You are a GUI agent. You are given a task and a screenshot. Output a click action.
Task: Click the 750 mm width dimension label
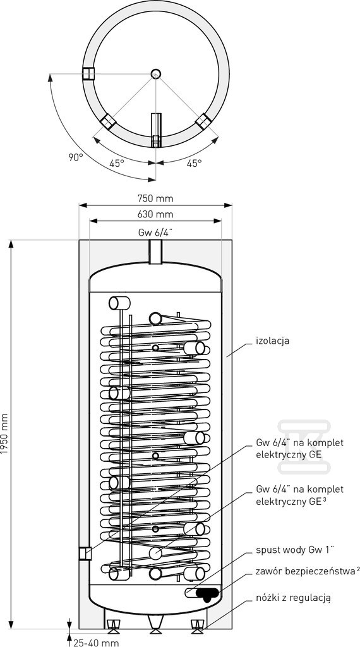coord(156,198)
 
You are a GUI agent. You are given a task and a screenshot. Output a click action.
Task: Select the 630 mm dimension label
coord(156,214)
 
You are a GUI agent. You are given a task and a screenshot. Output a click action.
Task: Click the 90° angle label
coord(76,157)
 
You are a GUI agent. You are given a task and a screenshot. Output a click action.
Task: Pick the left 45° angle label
coord(117,163)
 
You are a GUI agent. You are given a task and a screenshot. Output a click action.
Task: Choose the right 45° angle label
coord(195,163)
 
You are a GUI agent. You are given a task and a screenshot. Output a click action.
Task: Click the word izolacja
coord(273,341)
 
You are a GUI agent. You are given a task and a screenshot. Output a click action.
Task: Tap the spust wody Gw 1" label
coord(294,550)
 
